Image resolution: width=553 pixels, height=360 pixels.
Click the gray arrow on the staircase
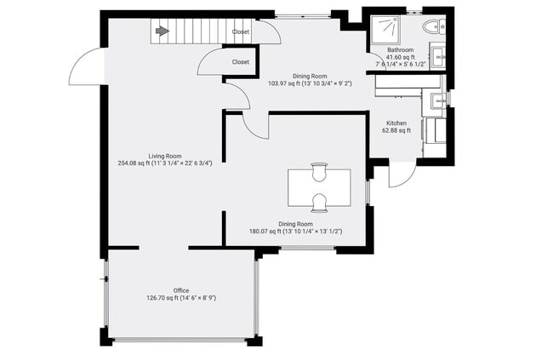pos(161,32)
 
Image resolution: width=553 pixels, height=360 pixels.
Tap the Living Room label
pos(165,156)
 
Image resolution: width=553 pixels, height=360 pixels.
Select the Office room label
pos(180,290)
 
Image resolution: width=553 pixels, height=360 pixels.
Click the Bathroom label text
pos(400,50)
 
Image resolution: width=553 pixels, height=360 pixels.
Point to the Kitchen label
pos(396,123)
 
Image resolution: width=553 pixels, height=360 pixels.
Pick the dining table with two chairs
pos(319,187)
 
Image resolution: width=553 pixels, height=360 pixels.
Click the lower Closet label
pos(241,62)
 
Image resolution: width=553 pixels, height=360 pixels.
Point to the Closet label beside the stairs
pos(241,31)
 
